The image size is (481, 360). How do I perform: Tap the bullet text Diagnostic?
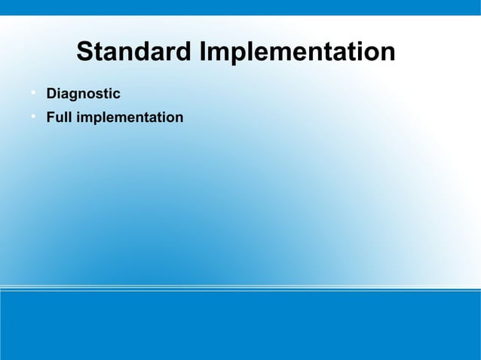pos(83,94)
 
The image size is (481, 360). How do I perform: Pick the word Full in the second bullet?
pos(58,118)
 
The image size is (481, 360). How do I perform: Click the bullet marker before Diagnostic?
pos(34,93)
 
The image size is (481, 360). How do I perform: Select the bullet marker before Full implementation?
pos(34,117)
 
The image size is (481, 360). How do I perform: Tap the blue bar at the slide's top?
pos(240,7)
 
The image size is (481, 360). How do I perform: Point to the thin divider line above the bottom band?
pos(240,288)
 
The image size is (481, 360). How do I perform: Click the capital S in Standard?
pos(86,53)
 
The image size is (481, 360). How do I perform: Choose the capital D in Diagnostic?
pos(52,94)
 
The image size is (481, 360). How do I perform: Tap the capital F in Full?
pos(51,118)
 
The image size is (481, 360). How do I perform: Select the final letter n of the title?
pos(387,53)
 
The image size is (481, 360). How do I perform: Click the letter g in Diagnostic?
pos(72,96)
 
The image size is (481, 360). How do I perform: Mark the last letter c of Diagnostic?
pos(116,94)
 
